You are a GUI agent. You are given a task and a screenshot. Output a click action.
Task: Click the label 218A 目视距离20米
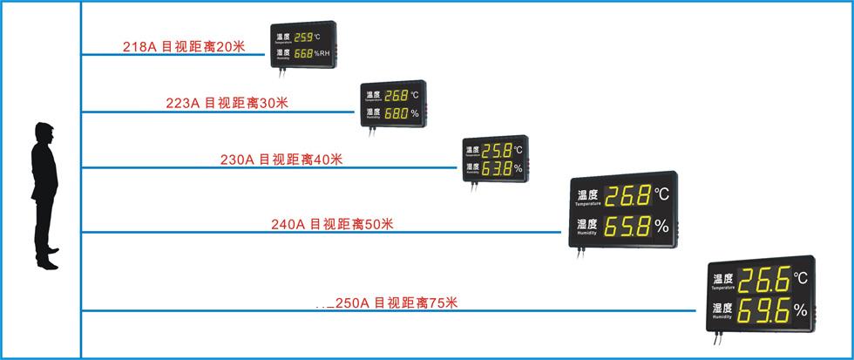coord(186,45)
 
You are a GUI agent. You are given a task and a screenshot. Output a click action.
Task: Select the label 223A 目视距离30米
coord(227,103)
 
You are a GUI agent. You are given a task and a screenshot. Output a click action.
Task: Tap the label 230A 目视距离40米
coord(281,159)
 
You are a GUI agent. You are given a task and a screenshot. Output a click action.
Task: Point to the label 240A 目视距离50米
coord(333,224)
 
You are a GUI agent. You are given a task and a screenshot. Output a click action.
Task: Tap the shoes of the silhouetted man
coord(51,262)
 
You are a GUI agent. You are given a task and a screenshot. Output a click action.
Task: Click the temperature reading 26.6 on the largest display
coord(764,281)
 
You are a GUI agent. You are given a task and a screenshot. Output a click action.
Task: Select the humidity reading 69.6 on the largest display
coord(764,310)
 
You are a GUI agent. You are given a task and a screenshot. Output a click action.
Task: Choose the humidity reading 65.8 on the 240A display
coord(627,228)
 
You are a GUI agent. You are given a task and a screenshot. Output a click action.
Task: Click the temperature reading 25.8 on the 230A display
coord(497,150)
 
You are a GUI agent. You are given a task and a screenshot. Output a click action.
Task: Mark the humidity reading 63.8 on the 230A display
coord(497,167)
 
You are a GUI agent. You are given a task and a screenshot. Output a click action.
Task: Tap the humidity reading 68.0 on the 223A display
coord(396,113)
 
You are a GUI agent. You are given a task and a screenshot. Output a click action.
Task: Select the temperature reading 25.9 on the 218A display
coord(304,37)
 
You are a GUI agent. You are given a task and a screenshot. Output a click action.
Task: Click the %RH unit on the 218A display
coord(322,54)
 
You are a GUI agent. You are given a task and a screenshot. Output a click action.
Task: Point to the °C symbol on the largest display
coord(802,279)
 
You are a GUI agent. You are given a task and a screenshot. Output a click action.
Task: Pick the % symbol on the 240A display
coord(662,228)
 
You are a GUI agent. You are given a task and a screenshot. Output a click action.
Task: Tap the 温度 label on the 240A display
coord(588,195)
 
